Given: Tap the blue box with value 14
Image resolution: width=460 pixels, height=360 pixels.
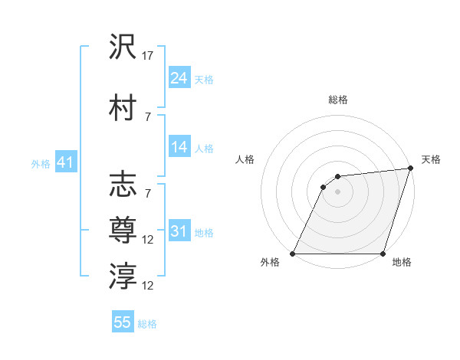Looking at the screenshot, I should tap(179, 147).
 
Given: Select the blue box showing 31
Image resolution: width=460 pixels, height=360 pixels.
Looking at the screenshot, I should tap(179, 231).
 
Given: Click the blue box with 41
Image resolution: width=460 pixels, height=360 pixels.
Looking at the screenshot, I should tap(64, 162).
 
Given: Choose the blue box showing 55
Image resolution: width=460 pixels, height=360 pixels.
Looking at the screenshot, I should tap(123, 322).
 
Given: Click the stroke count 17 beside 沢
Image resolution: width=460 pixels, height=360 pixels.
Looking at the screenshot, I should tap(148, 56).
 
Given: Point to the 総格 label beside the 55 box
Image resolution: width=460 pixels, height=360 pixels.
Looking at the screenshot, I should tap(147, 324).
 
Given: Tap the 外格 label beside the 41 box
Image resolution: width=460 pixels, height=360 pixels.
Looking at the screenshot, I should tap(41, 163).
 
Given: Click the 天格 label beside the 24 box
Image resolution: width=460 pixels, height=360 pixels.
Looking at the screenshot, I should tap(203, 79).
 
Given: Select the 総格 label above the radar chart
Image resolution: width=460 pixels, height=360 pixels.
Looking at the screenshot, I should tap(338, 100).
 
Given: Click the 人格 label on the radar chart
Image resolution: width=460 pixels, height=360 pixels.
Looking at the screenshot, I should tap(245, 159).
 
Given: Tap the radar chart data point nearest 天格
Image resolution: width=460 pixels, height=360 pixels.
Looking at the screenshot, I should tap(410, 169).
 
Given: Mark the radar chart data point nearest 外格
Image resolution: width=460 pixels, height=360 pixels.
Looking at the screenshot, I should tap(293, 254).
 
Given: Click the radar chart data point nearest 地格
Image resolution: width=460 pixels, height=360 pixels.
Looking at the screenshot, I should tap(383, 254).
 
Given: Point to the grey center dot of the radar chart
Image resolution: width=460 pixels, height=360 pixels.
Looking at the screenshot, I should tap(337, 192).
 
